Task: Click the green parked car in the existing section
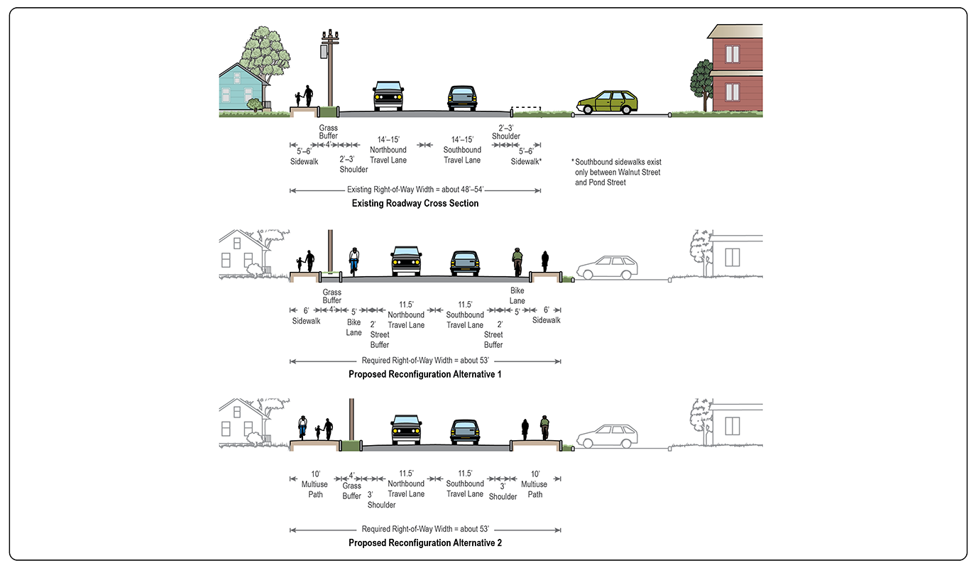tap(607, 103)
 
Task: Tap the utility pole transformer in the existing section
tap(324, 52)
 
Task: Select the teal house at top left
tap(241, 89)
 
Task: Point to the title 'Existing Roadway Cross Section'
tap(415, 204)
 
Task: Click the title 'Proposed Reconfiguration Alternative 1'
tap(425, 374)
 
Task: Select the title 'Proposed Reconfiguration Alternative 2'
tap(425, 543)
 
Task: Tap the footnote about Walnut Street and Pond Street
tap(618, 172)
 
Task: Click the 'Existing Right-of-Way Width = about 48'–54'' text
tap(415, 190)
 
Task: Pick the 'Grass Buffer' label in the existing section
tap(328, 131)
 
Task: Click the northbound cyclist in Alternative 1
tap(353, 261)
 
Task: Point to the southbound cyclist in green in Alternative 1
tap(517, 261)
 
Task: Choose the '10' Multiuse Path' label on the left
tap(315, 484)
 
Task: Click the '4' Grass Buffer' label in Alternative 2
tap(352, 486)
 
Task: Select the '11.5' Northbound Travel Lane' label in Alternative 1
tap(406, 315)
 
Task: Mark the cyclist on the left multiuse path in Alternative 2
tap(303, 428)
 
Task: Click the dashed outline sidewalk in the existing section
tap(526, 111)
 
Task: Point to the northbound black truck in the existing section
tap(388, 97)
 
